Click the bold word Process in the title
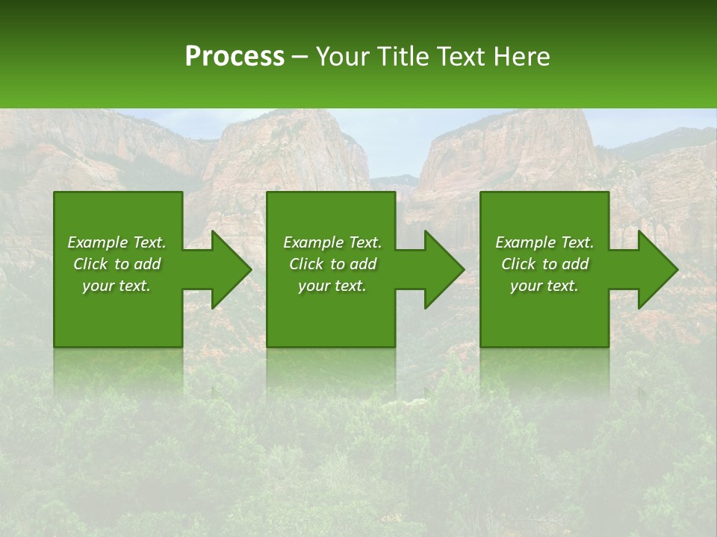[235, 57]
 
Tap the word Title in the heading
[403, 57]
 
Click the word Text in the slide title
[462, 57]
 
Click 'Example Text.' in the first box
[117, 242]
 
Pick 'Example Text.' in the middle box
[332, 242]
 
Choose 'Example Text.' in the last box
[544, 242]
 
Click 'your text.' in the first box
[117, 286]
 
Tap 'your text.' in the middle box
[332, 286]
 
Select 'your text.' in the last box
[544, 286]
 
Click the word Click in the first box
[90, 264]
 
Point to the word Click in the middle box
[306, 264]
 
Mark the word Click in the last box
[518, 264]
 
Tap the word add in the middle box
[363, 264]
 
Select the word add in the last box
[575, 264]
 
